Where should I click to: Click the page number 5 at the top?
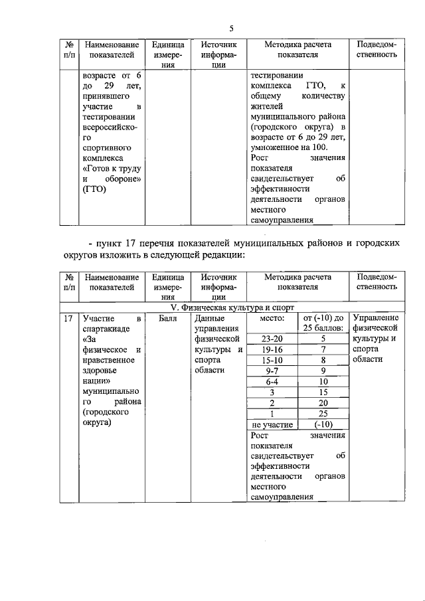point(231,28)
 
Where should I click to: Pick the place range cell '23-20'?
point(271,338)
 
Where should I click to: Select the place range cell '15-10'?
point(271,360)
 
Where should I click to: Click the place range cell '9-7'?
point(271,371)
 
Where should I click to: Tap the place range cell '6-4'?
point(271,382)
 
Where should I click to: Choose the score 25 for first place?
point(323,414)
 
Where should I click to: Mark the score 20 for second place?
point(323,403)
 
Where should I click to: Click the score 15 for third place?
point(323,392)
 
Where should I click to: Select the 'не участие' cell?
point(271,424)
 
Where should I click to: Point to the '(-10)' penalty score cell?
point(323,424)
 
